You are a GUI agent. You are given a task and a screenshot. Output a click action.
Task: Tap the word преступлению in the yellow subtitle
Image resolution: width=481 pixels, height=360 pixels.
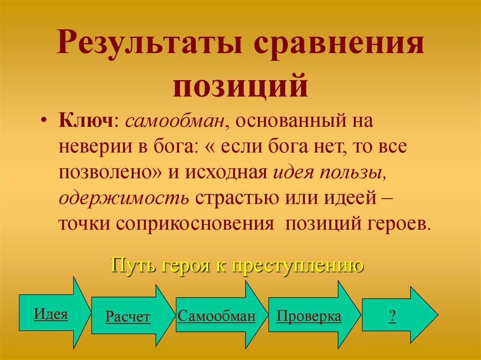click(x=297, y=267)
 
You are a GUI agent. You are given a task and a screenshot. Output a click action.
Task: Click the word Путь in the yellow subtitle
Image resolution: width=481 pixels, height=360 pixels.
click(x=131, y=267)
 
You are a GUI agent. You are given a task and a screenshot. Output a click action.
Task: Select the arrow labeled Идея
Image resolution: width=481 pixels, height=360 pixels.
click(x=51, y=314)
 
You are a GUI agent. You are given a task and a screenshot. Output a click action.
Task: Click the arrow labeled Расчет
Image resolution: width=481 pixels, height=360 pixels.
click(x=127, y=317)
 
